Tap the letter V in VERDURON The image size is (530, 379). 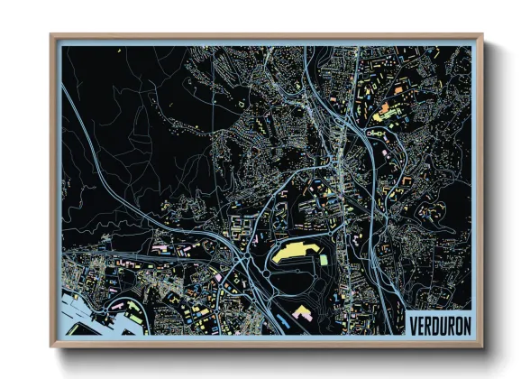(x=412, y=322)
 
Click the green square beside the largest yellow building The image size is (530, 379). (x=321, y=262)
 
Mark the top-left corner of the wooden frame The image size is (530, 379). (x=51, y=35)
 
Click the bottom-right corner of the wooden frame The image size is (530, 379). (x=482, y=347)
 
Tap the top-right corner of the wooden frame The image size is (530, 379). (x=482, y=35)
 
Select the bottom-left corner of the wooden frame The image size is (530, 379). (x=51, y=347)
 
